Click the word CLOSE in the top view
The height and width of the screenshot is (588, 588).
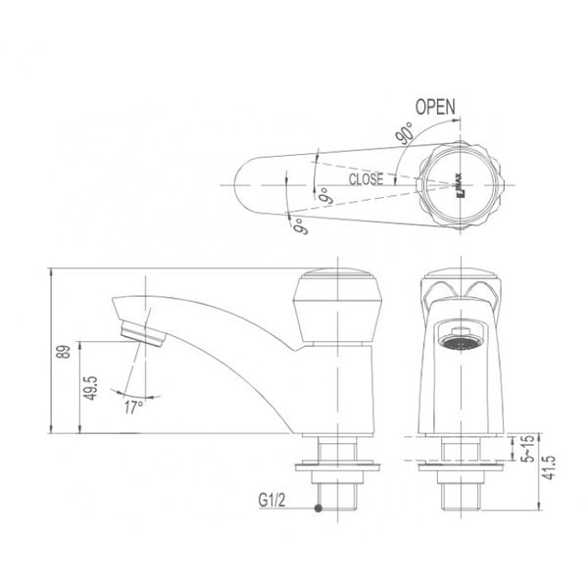click(x=365, y=179)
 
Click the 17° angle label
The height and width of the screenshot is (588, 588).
click(x=133, y=405)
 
